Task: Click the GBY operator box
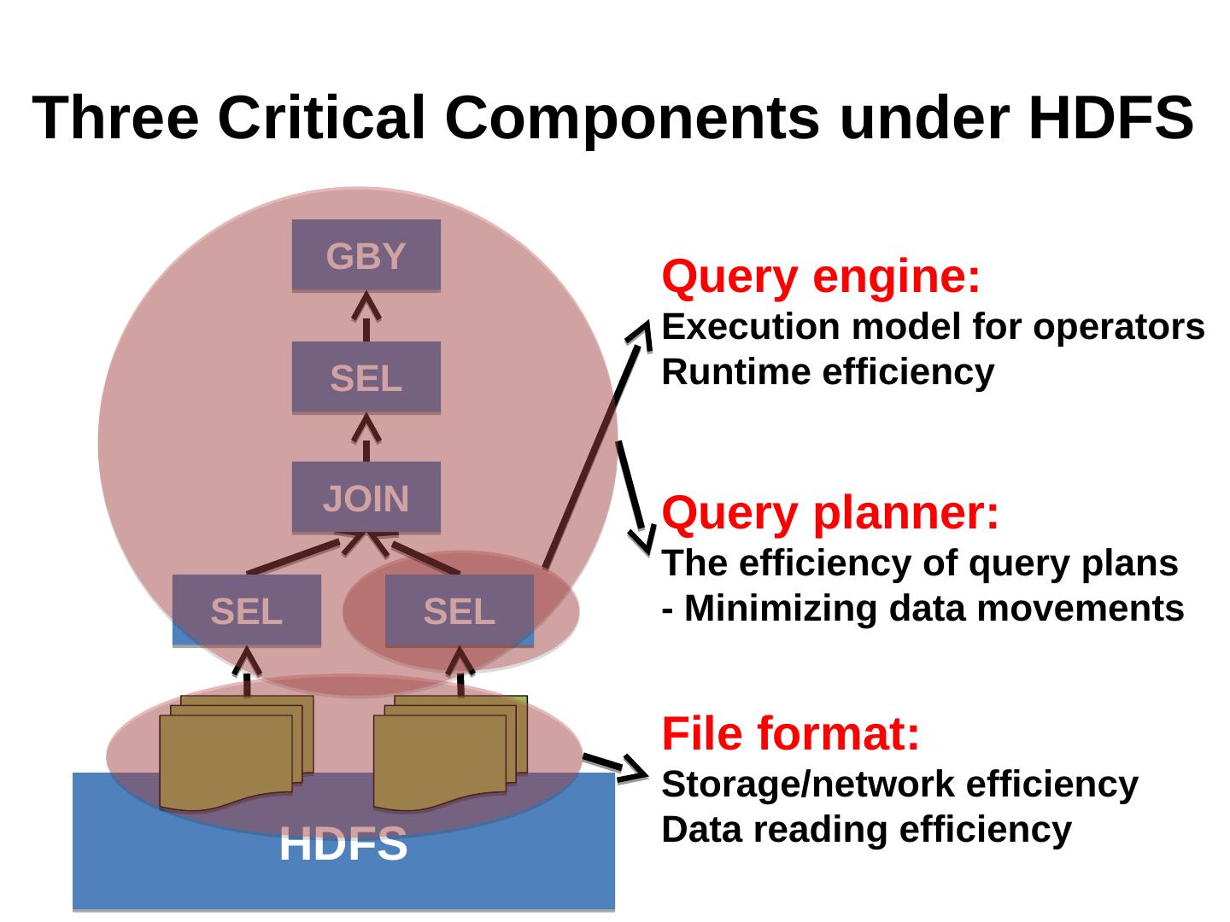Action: tap(366, 256)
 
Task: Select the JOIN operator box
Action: tap(366, 498)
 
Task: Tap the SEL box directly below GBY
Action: tap(366, 377)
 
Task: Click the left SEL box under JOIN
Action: tap(246, 610)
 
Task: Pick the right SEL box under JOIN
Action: tap(459, 610)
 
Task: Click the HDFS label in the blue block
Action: tap(343, 844)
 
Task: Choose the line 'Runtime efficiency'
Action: tap(828, 373)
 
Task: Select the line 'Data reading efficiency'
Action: tap(866, 830)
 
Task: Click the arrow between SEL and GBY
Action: tap(366, 317)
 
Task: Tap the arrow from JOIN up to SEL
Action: tap(366, 438)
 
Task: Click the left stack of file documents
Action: tap(235, 753)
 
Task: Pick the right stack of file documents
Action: tap(449, 753)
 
